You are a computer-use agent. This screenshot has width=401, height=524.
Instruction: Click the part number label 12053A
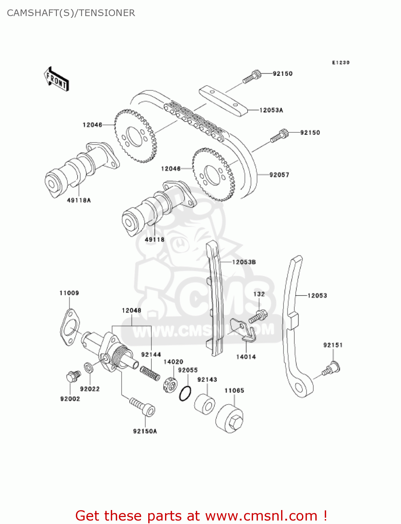(x=271, y=110)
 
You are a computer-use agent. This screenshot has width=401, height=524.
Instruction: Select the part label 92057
(x=279, y=175)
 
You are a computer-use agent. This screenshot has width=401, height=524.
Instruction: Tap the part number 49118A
(x=79, y=200)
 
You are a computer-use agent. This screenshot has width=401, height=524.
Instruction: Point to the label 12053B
(x=244, y=262)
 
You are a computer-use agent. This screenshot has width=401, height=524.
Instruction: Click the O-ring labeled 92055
(x=185, y=394)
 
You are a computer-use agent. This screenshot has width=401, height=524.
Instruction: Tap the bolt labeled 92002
(x=73, y=377)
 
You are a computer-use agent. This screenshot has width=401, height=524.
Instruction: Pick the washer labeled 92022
(x=88, y=367)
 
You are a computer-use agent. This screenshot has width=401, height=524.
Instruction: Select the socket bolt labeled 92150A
(x=143, y=407)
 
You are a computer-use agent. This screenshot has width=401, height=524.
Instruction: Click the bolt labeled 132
(x=258, y=316)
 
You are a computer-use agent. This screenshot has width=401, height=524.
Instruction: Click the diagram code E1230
(x=341, y=63)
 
